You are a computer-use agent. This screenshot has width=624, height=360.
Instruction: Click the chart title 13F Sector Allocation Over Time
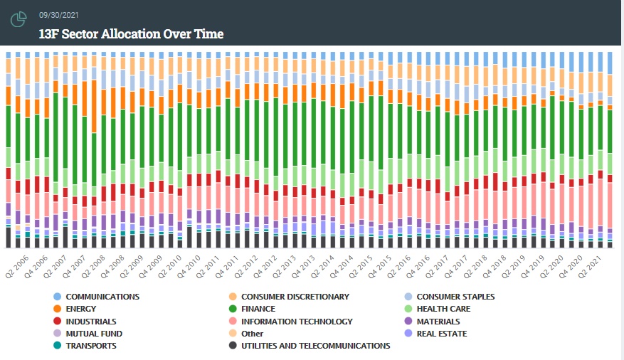pos(131,33)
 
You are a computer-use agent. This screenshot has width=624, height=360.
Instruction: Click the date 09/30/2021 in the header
pos(59,14)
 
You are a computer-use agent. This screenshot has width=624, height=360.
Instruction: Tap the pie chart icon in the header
pos(18,20)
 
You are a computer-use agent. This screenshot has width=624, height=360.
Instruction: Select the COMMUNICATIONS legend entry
pos(102,297)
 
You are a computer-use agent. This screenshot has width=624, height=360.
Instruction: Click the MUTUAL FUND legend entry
pos(93,334)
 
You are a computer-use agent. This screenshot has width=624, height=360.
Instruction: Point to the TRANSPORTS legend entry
pos(91,346)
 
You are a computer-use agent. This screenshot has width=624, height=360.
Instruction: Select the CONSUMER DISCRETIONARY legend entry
pos(295,297)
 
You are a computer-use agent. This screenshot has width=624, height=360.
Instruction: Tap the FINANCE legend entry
pos(258,309)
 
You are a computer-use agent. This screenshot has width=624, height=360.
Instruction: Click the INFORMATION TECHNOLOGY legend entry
pos(297,322)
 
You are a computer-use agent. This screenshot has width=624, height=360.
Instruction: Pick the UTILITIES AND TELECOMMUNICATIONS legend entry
pos(315,346)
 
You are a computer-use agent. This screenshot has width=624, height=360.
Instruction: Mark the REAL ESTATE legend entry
pos(442,334)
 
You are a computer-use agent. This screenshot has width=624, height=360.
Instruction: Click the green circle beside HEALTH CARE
pos(407,309)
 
